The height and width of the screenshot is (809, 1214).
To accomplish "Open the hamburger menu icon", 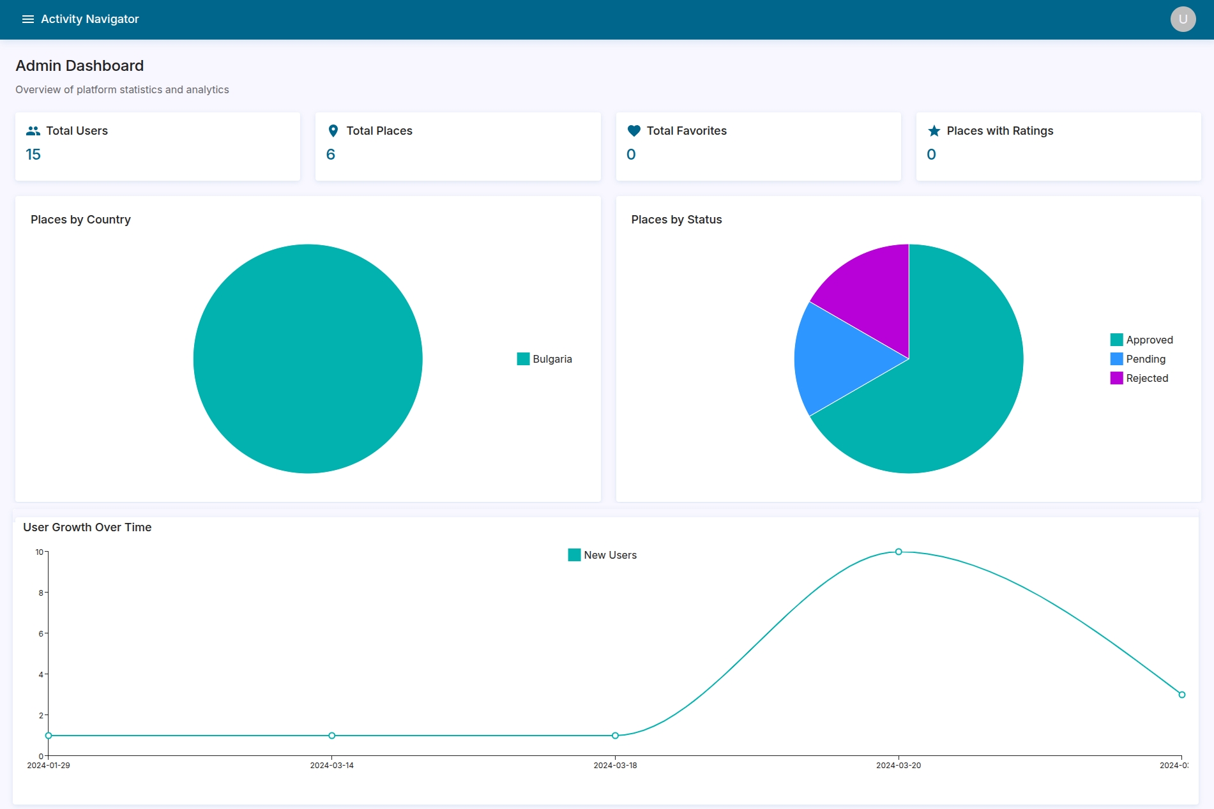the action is click(x=27, y=19).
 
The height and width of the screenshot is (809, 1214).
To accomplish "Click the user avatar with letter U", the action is click(x=1183, y=19).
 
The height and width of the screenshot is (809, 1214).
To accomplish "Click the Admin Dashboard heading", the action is click(x=80, y=66).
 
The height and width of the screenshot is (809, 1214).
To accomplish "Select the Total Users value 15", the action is click(x=33, y=155).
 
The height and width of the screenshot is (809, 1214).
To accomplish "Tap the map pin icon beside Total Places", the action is click(x=333, y=131).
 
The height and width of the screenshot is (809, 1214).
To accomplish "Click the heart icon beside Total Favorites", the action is click(x=634, y=131).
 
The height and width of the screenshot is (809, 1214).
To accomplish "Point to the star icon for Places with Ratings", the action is click(x=934, y=131).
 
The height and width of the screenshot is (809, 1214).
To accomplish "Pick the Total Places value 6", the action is click(x=331, y=155).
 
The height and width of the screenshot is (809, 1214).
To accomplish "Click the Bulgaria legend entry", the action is click(x=545, y=359).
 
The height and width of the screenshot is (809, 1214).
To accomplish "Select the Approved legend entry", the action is click(x=1142, y=340).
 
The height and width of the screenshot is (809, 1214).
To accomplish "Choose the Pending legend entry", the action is click(x=1138, y=359).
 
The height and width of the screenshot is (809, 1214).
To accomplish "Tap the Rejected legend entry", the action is click(x=1139, y=378).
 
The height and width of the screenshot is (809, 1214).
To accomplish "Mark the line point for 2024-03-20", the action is click(x=899, y=552).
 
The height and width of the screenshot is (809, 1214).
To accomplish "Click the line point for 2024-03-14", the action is click(x=332, y=736).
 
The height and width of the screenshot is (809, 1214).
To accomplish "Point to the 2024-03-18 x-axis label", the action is click(x=615, y=766).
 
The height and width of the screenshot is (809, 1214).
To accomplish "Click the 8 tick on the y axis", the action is click(x=41, y=593).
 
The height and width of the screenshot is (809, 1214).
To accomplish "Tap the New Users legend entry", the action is click(x=602, y=555).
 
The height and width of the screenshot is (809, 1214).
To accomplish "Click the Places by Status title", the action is click(x=676, y=220).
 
